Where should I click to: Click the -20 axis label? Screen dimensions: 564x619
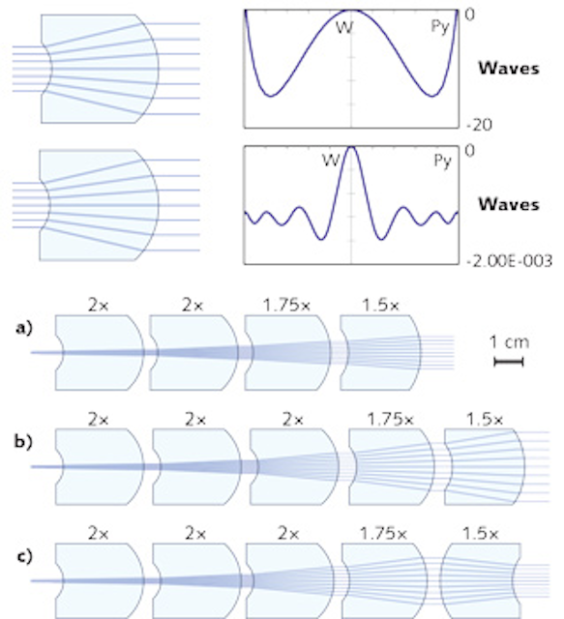click(480, 125)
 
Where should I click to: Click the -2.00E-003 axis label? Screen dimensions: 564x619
click(509, 261)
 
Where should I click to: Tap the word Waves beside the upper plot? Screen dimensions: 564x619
click(509, 69)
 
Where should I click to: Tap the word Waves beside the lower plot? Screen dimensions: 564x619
click(509, 204)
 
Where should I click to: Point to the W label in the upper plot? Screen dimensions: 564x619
click(344, 28)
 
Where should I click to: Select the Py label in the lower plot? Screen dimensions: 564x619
click(442, 162)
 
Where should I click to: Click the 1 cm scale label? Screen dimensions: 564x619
click(509, 341)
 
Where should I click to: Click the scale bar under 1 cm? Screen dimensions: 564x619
click(509, 362)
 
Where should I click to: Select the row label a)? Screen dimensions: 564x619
click(23, 328)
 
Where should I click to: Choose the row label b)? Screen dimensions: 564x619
click(23, 441)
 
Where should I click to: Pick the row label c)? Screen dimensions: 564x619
click(24, 556)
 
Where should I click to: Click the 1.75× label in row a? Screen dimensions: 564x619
click(286, 306)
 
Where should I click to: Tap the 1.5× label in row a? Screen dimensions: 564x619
click(381, 306)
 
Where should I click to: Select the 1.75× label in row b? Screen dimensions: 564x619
click(390, 419)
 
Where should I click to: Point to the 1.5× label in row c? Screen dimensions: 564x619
click(480, 534)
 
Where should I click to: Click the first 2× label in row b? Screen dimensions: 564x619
click(99, 419)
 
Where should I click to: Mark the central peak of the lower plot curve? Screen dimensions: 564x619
click(351, 147)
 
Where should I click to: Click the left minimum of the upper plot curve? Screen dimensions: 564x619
click(270, 96)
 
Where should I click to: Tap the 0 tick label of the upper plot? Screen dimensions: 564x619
click(469, 15)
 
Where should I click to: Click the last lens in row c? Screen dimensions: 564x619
click(480, 580)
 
